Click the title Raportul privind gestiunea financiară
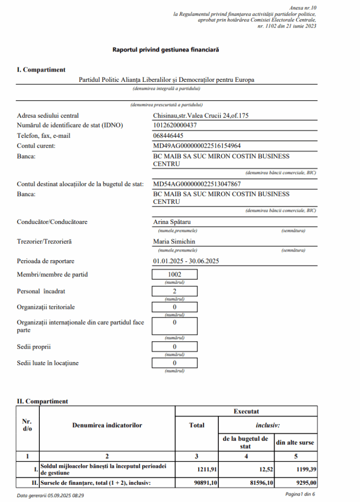pyautogui.click(x=165, y=50)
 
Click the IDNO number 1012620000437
pyautogui.click(x=175, y=125)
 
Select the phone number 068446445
pyautogui.click(x=168, y=135)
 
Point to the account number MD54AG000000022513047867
pyautogui.click(x=197, y=184)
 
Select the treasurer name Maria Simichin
pyautogui.click(x=174, y=241)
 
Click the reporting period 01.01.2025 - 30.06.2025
pyautogui.click(x=186, y=261)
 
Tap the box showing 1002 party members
pyautogui.click(x=175, y=275)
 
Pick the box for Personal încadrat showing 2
pyautogui.click(x=175, y=291)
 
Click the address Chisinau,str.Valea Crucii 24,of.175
pyautogui.click(x=202, y=116)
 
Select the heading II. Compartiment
pyautogui.click(x=42, y=401)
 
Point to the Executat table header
pyautogui.click(x=246, y=412)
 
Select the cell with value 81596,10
pyautogui.click(x=246, y=483)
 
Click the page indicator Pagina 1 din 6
pyautogui.click(x=300, y=495)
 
